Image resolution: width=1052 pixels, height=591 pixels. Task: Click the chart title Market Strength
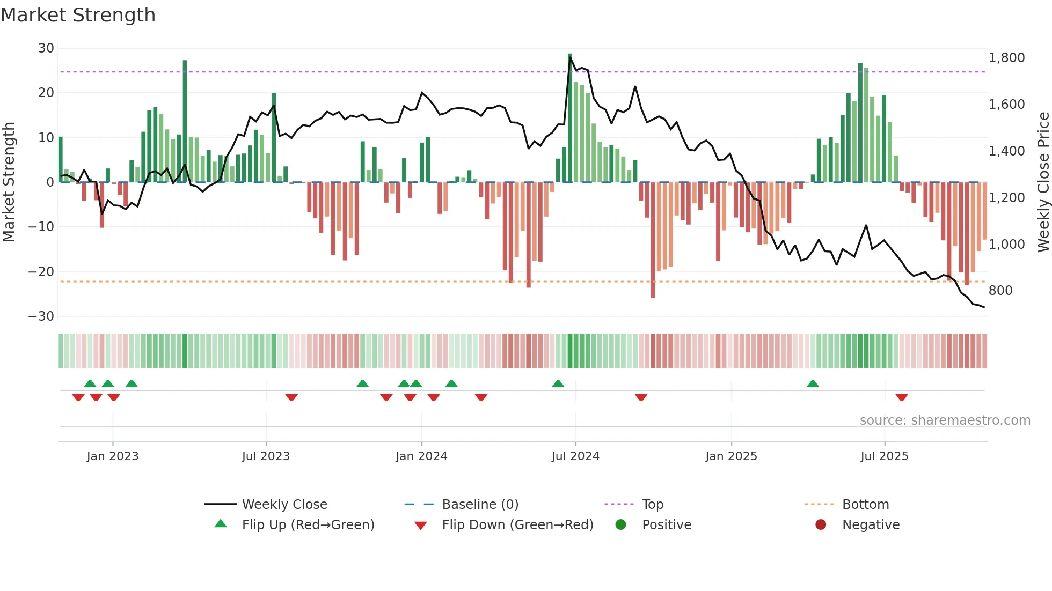tap(78, 15)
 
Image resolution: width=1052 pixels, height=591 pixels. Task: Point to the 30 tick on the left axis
tap(46, 48)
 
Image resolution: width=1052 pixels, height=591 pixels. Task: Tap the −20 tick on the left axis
tap(41, 272)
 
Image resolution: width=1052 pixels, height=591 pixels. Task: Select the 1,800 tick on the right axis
tap(1006, 58)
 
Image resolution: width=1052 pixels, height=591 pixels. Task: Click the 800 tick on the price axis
tap(1000, 291)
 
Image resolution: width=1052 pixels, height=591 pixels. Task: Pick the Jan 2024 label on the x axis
tap(421, 456)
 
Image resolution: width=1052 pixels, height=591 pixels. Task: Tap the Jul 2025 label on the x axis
tap(884, 456)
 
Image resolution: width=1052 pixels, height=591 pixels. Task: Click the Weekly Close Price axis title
tap(1043, 182)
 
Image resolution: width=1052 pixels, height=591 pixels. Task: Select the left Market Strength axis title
tap(9, 182)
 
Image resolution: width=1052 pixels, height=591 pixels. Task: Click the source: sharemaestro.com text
tap(945, 420)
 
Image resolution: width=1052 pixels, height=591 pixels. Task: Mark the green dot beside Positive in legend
tap(621, 525)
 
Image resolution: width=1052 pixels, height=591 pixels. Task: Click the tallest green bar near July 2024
tap(570, 118)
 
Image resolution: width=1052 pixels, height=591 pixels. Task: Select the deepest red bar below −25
tap(653, 241)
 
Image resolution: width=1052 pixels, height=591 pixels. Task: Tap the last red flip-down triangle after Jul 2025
tap(902, 397)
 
